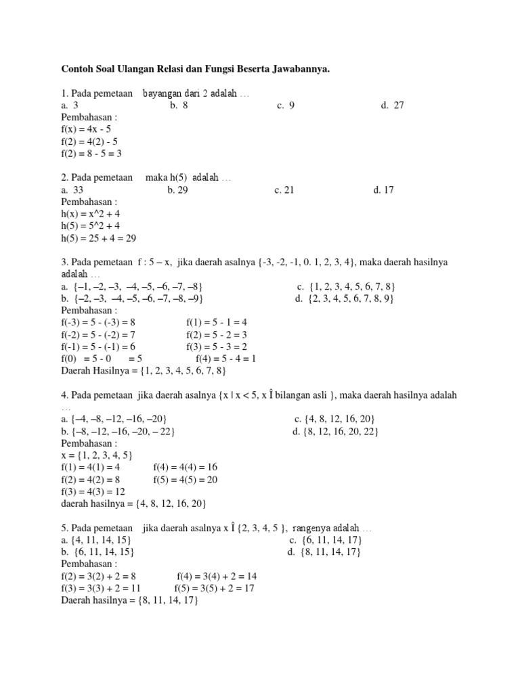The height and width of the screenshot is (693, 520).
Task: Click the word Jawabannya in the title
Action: [296, 69]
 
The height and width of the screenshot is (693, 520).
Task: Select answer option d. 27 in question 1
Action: [392, 106]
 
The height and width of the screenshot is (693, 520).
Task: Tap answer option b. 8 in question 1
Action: [179, 106]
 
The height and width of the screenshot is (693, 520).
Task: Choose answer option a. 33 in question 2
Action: [72, 190]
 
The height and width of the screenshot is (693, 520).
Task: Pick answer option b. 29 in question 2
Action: [177, 190]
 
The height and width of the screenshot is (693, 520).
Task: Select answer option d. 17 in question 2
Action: [383, 190]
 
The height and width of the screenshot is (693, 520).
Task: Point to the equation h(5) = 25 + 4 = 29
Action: [100, 238]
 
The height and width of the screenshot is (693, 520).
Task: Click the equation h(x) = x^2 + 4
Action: [91, 214]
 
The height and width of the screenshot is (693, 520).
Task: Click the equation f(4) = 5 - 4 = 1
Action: [225, 359]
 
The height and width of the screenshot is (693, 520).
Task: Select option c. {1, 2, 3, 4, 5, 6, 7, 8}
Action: [346, 287]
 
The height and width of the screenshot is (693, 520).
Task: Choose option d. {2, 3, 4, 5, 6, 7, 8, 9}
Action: [345, 298]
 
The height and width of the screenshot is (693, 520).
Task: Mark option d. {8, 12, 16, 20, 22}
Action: [335, 432]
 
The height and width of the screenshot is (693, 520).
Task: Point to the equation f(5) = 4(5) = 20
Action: [186, 480]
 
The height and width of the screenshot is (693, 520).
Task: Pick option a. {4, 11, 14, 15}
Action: [95, 541]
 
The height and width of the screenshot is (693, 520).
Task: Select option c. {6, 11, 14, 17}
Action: [326, 541]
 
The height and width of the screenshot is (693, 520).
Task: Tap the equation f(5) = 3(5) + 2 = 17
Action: [214, 589]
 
